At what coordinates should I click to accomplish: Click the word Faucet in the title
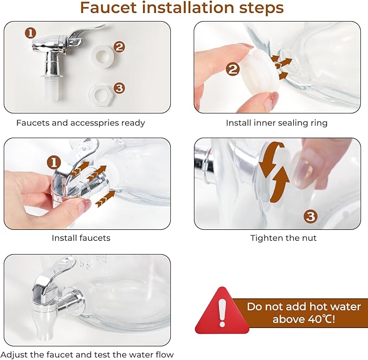[108, 8]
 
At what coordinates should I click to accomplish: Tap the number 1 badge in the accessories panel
[30, 33]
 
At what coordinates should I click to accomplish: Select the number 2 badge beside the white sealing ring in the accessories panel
[119, 47]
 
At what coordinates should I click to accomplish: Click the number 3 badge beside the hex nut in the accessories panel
[119, 88]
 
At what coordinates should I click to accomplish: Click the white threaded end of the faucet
[51, 88]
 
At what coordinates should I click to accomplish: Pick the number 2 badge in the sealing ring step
[233, 69]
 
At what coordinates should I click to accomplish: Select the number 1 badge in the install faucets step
[54, 163]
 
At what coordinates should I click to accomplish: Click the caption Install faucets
[81, 238]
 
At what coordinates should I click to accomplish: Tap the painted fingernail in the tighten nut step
[305, 169]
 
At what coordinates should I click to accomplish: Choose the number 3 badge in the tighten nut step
[311, 216]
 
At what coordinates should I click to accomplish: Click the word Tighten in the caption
[265, 238]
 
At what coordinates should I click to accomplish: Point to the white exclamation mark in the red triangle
[222, 313]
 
